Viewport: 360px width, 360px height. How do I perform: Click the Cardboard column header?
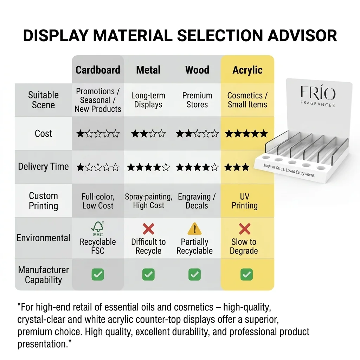pyautogui.click(x=98, y=70)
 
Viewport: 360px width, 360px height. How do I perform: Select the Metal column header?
pyautogui.click(x=148, y=70)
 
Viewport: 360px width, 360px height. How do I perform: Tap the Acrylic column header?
pyautogui.click(x=247, y=70)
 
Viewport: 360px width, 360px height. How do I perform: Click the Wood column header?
pyautogui.click(x=197, y=70)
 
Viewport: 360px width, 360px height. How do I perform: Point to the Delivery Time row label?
pyautogui.click(x=43, y=166)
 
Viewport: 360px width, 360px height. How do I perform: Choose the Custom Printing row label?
pyautogui.click(x=43, y=201)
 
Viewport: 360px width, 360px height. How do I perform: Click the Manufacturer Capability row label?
pyautogui.click(x=43, y=275)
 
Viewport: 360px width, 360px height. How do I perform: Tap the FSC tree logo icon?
pyautogui.click(x=98, y=229)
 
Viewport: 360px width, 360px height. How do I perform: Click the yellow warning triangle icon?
pyautogui.click(x=194, y=229)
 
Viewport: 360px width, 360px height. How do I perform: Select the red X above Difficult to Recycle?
pyautogui.click(x=148, y=229)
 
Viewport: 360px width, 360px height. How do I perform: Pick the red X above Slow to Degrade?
pyautogui.click(x=245, y=229)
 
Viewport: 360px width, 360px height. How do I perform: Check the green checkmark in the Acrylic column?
pyautogui.click(x=246, y=274)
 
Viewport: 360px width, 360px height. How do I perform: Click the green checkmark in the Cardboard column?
pyautogui.click(x=98, y=274)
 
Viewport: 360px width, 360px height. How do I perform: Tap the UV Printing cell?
pyautogui.click(x=245, y=201)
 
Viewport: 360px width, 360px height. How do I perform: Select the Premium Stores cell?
pyautogui.click(x=197, y=100)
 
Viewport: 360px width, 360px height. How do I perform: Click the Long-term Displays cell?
pyautogui.click(x=148, y=100)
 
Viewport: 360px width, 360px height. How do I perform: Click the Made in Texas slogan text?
pyautogui.click(x=289, y=171)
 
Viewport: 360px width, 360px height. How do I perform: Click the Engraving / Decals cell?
pyautogui.click(x=197, y=201)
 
